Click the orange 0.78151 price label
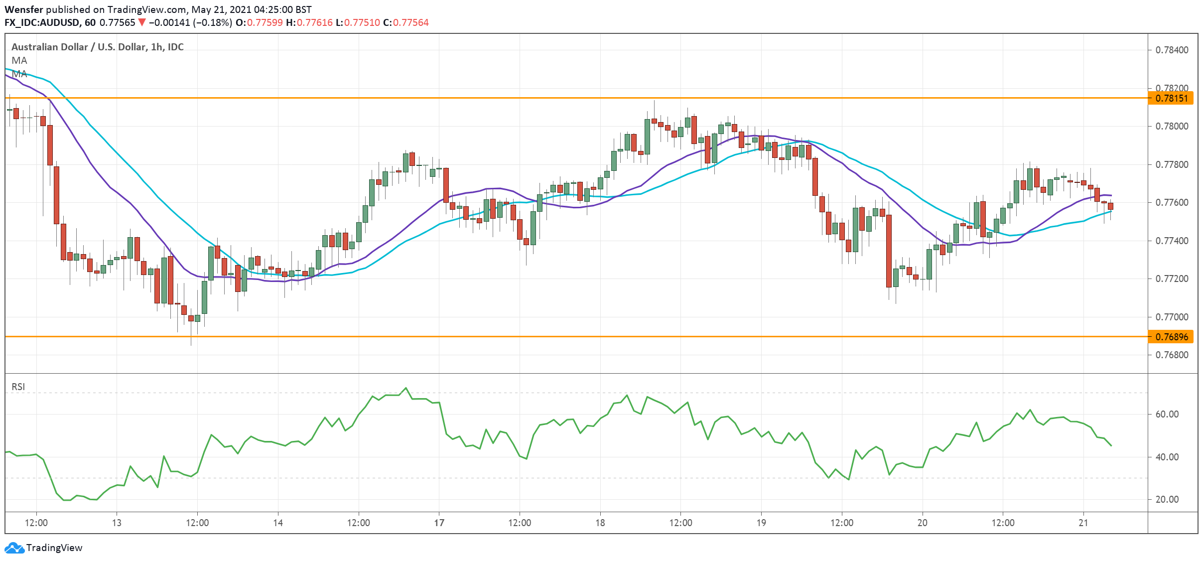1172,98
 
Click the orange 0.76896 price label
1172,337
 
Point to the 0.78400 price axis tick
1171,50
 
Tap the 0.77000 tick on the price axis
1171,317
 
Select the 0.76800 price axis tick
1171,355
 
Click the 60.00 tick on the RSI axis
1167,415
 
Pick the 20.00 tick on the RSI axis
1167,500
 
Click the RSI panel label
18,387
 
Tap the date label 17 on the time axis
439,523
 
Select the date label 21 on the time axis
1083,523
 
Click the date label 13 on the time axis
117,523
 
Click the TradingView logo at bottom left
44,548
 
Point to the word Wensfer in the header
24,9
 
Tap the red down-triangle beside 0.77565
142,22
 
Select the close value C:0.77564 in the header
405,22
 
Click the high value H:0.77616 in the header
309,22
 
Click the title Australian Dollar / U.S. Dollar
79,47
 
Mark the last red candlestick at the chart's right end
1110,206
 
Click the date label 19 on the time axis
761,523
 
